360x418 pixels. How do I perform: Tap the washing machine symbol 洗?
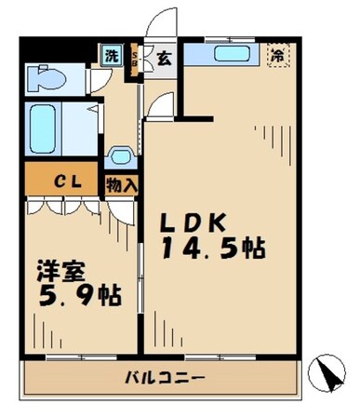tap(111, 55)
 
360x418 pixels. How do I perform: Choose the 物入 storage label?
tap(123, 184)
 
